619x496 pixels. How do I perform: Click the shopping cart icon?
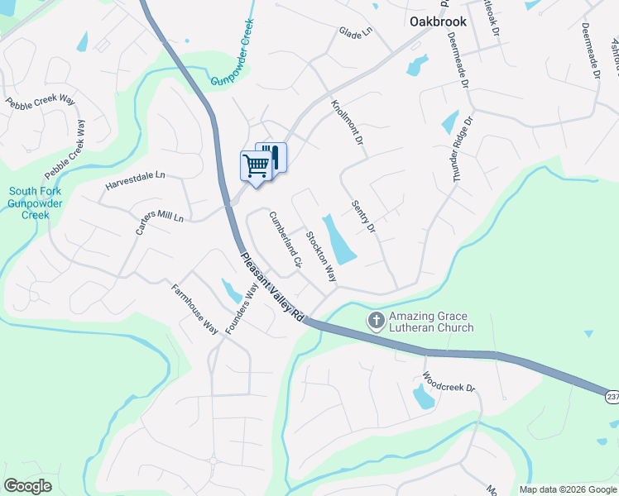(256, 165)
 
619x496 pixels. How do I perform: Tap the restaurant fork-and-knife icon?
(272, 156)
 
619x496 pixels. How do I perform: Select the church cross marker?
(377, 320)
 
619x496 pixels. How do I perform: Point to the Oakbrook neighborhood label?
(439, 21)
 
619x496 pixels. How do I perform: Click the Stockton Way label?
(321, 256)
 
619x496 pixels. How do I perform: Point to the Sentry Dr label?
(363, 216)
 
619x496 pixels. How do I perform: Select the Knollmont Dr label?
(348, 123)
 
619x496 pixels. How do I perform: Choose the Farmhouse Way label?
(194, 309)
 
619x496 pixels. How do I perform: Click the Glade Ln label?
(357, 32)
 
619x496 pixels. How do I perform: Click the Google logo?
(28, 486)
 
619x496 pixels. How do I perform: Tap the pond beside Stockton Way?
(339, 240)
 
